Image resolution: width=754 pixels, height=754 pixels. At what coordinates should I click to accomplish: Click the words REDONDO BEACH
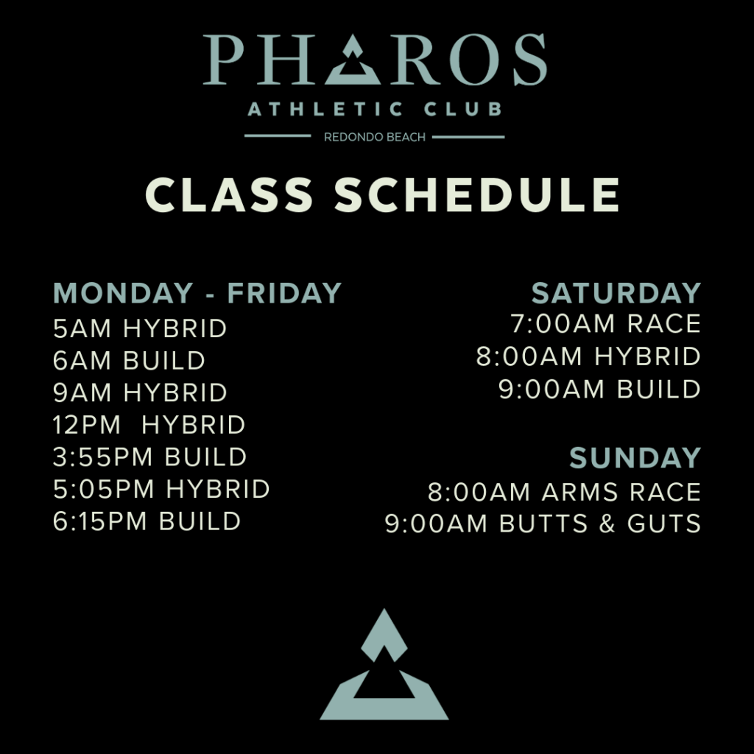coord(375,137)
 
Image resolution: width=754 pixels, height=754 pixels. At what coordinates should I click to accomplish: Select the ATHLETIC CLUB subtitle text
coord(375,109)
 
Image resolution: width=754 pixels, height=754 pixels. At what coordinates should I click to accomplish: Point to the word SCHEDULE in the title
coord(477,194)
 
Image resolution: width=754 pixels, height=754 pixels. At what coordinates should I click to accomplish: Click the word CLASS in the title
coord(229,194)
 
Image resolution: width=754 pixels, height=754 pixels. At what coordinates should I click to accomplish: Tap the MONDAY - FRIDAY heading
coord(197,293)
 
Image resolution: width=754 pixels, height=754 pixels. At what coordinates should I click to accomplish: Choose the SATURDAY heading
coord(616,293)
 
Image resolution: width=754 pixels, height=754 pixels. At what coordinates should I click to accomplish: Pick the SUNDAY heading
coord(635,457)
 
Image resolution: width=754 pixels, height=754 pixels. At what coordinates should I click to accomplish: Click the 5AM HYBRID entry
coord(139,328)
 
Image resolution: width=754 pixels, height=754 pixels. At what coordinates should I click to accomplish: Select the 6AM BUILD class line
coord(129,361)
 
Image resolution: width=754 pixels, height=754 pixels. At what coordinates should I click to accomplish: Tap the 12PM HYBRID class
coord(149,425)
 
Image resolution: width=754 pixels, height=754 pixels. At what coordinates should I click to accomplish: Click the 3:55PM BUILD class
coord(149,457)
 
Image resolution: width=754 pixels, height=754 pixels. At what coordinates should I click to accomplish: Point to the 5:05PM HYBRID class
coord(161,489)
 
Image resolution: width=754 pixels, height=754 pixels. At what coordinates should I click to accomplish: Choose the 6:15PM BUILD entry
coord(147,521)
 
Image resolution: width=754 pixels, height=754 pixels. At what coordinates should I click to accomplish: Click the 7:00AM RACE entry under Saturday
coord(605,324)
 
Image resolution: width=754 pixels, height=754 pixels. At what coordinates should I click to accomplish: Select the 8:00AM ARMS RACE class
coord(564,492)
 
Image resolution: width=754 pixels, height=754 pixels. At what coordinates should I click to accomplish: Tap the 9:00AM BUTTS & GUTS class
coord(543,524)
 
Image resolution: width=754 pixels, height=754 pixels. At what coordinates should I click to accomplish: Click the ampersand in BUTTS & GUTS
coord(607,524)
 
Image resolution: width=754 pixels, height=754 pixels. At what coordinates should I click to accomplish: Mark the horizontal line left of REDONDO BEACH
coord(278,135)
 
